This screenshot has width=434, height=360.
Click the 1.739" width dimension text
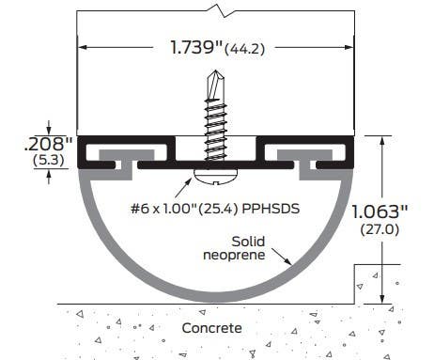pos(196,47)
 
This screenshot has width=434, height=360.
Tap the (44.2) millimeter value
pos(244,49)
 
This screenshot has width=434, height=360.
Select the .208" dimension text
pos(48,144)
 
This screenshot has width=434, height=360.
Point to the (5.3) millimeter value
pos(49,160)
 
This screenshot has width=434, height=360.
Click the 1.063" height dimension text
pos(380,211)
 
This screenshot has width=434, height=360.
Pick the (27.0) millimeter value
pos(380,229)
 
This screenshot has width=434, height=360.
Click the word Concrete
pos(211,328)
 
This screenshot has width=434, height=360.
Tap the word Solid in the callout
pos(248,242)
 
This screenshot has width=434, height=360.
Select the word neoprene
pos(234,255)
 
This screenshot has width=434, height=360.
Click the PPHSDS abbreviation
pos(271,209)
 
